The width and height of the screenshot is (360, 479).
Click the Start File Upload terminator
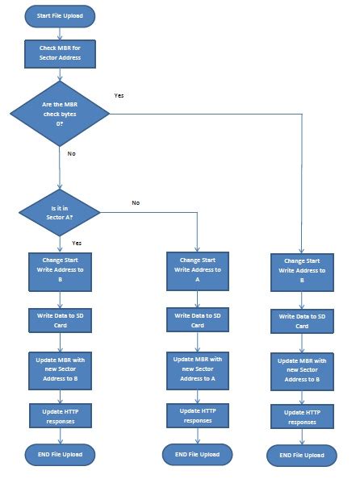(61, 15)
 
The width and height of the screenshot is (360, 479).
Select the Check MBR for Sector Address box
(60, 53)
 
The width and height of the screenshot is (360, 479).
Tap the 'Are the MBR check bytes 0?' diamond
(60, 113)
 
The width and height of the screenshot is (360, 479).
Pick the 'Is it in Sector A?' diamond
(60, 213)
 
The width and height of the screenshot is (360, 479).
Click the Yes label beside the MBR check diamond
(119, 95)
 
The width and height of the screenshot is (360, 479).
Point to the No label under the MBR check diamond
(72, 153)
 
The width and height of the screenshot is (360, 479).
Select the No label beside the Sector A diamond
(136, 202)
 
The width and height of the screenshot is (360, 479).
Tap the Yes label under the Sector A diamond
(77, 242)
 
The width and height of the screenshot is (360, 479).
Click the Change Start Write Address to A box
(197, 270)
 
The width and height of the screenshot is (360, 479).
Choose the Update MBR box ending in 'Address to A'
(197, 367)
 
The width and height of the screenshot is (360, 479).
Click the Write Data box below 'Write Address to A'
(197, 320)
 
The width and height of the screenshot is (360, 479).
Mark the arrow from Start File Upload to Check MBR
(60, 31)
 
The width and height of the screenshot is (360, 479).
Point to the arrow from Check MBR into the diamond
(60, 74)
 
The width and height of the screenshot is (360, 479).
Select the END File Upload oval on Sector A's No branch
(197, 453)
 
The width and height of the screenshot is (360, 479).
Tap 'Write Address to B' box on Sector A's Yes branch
(60, 270)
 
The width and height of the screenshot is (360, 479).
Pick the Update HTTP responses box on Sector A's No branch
(197, 415)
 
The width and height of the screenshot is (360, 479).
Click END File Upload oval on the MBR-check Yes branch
(302, 455)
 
